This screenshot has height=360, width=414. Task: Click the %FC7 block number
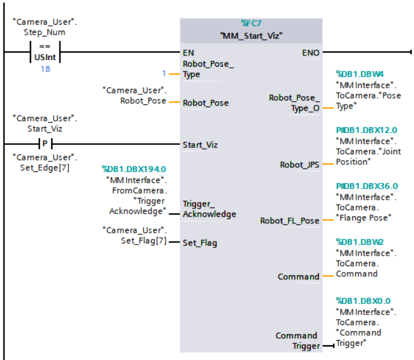click(251, 24)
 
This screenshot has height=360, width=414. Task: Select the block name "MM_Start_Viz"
click(251, 35)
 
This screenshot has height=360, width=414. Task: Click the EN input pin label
click(188, 52)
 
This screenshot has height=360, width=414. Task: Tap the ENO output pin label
click(310, 52)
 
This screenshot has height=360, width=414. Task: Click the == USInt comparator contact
click(45, 52)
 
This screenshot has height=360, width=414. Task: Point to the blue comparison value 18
click(45, 69)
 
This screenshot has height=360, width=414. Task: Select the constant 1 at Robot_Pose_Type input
click(164, 74)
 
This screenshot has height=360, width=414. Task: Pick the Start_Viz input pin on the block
click(200, 144)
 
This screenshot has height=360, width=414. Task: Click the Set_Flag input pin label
click(199, 242)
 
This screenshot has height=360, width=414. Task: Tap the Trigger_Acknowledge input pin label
click(209, 209)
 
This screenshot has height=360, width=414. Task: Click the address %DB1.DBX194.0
click(134, 169)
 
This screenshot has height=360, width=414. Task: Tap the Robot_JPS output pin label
click(300, 165)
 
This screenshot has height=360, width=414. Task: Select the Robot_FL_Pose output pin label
click(290, 221)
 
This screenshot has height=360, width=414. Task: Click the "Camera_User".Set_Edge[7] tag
click(45, 163)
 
